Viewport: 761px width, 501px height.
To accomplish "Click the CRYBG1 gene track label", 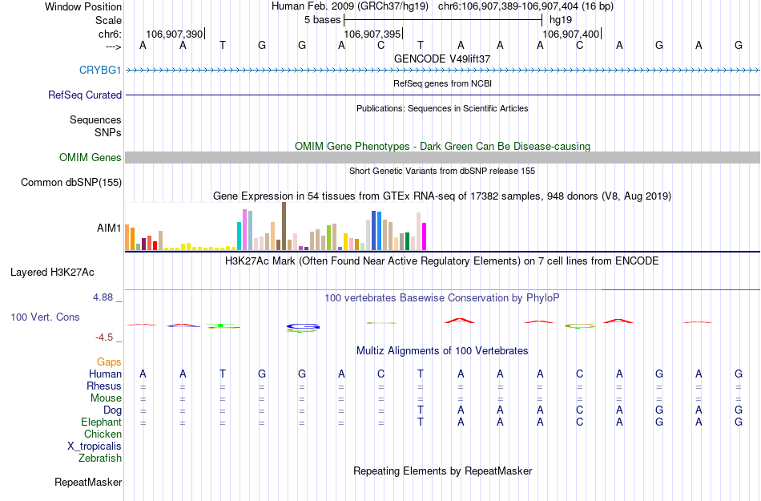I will click(x=100, y=70).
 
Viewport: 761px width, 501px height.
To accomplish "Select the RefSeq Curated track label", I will click(x=85, y=95).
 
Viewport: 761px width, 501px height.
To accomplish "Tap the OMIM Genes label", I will click(x=90, y=157).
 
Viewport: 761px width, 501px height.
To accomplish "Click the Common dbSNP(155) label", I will click(x=70, y=182).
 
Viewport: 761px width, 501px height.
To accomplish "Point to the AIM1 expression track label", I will click(x=109, y=228).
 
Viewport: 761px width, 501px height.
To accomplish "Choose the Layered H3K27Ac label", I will click(x=66, y=272).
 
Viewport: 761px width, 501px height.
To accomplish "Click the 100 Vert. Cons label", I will click(x=45, y=317).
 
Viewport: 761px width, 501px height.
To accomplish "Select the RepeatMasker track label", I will click(x=88, y=482).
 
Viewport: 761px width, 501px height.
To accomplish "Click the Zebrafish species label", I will click(x=100, y=458).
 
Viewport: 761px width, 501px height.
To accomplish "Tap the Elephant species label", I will click(x=101, y=422).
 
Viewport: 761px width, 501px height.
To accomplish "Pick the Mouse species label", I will click(x=106, y=398).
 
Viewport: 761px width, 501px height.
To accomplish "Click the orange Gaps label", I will click(x=109, y=362).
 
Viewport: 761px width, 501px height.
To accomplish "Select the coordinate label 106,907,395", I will click(x=372, y=34).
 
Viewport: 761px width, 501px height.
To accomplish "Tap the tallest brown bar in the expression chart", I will click(x=284, y=226).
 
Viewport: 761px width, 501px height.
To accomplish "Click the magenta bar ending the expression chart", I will click(x=424, y=236).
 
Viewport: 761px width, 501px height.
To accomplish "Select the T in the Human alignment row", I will click(x=223, y=374).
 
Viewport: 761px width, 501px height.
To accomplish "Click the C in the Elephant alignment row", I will click(x=578, y=422).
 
